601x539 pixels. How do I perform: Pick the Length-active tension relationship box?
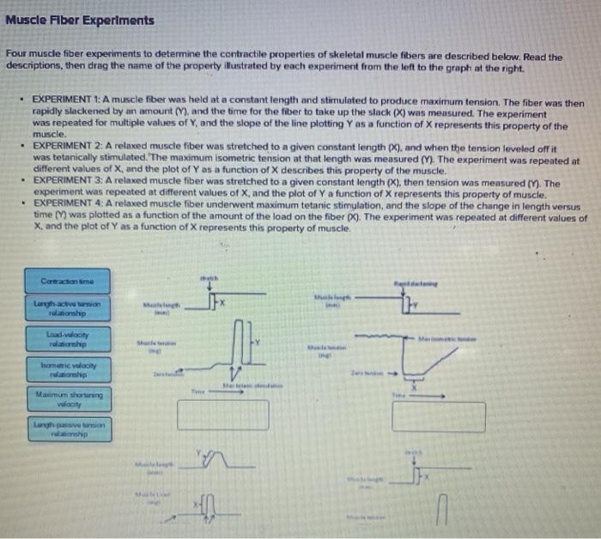click(67, 306)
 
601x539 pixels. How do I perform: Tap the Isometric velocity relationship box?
click(67, 369)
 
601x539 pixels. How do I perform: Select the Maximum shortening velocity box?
click(67, 398)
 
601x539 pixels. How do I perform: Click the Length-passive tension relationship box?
click(67, 429)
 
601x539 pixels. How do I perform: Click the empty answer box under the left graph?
click(229, 415)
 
